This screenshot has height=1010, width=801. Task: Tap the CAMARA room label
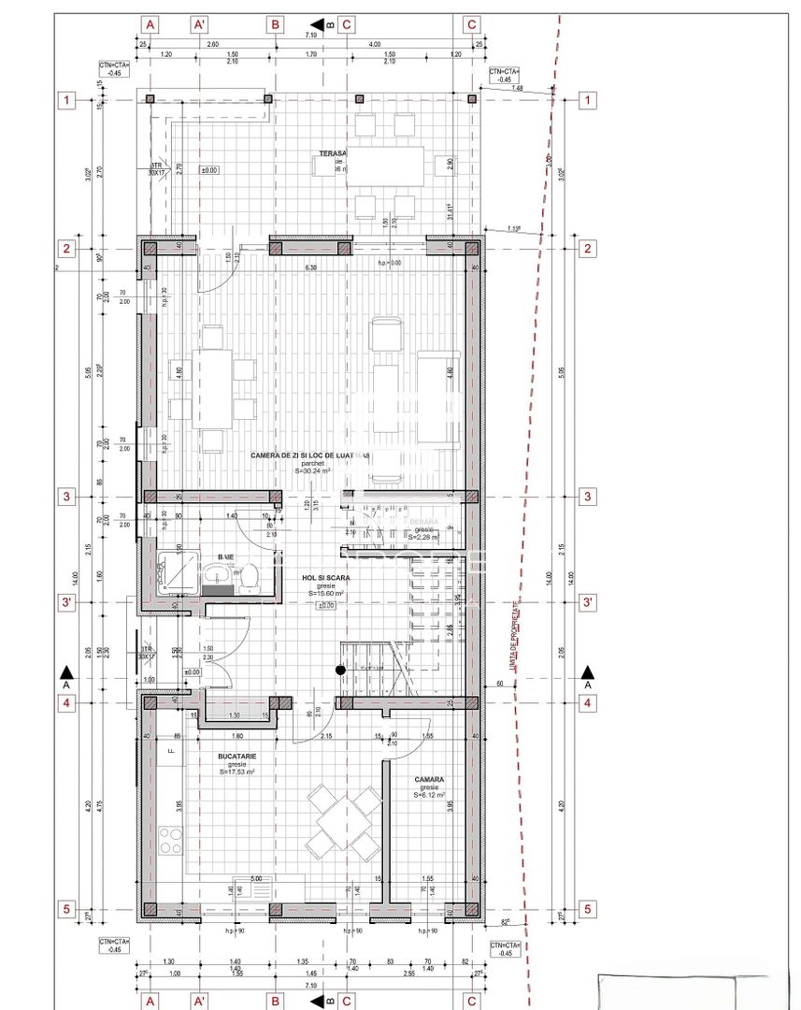[429, 778]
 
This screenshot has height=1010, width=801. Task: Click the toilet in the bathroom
[250, 581]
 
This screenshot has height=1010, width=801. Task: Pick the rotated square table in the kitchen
[346, 823]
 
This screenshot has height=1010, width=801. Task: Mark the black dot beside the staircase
[341, 670]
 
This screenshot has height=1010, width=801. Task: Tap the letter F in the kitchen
[170, 750]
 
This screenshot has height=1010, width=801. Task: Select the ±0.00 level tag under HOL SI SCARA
[326, 606]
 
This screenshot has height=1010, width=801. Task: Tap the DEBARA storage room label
[423, 521]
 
